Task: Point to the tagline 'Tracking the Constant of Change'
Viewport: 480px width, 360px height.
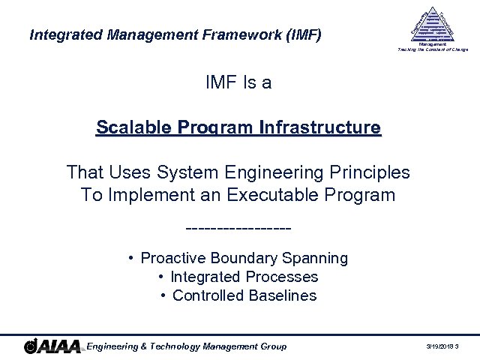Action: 433,49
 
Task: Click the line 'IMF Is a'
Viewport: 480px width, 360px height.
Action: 238,82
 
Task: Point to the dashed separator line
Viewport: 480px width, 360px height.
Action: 238,226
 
